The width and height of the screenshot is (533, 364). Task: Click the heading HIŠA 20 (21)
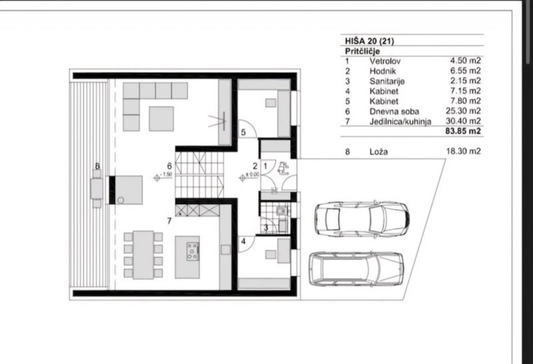point(369,41)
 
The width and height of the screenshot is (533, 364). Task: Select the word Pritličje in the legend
point(362,51)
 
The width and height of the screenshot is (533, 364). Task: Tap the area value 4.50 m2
point(465,61)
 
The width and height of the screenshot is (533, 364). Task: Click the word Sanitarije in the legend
point(387,81)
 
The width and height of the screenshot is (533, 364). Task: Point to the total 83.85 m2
point(463,131)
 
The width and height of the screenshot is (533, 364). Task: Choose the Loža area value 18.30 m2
point(463,151)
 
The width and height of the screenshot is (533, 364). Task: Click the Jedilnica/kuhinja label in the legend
point(401,121)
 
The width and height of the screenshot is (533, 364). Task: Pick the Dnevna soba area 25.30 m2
point(463,111)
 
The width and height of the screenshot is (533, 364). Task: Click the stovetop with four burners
point(193,252)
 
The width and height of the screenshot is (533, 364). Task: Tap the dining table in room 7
point(143,255)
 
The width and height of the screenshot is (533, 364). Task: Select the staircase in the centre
point(200,175)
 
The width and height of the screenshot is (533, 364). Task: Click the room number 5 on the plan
point(243,132)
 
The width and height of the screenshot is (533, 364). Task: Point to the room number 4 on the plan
point(243,241)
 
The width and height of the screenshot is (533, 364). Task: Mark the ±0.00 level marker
point(249,176)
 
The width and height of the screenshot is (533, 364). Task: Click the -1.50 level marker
point(163,176)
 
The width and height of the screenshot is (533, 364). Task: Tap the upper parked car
point(362,219)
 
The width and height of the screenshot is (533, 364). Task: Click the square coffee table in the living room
point(161,118)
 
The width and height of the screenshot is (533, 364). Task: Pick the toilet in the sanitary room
point(282,211)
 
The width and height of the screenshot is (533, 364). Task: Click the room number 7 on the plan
point(169,221)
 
